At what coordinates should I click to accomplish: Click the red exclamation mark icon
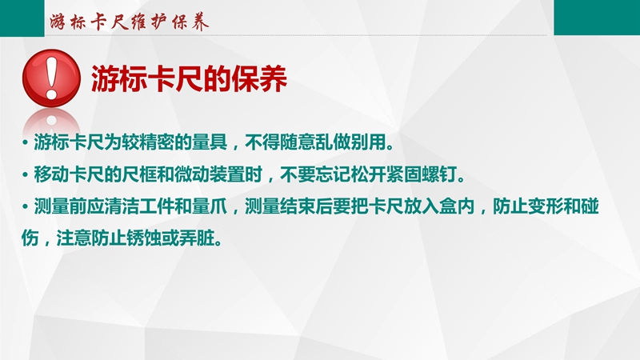pyautogui.click(x=51, y=78)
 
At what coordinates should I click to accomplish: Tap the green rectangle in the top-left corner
pyautogui.click(x=22, y=18)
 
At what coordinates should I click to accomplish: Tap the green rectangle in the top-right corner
pyautogui.click(x=597, y=17)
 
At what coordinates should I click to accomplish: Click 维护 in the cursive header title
pyautogui.click(x=149, y=22)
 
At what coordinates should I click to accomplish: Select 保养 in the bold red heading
pyautogui.click(x=259, y=78)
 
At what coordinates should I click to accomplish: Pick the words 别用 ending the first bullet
pyautogui.click(x=369, y=142)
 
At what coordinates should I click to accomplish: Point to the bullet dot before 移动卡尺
pyautogui.click(x=26, y=175)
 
